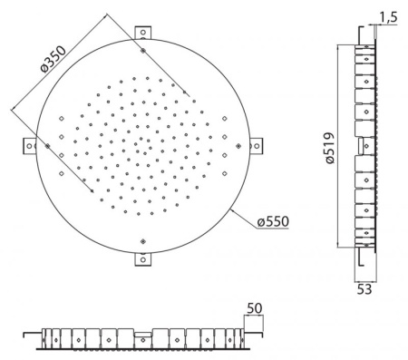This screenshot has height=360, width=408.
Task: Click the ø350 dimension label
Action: (53, 59)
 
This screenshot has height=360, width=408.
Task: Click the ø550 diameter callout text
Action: (273, 221)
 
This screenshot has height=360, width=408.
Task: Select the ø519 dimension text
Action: (330, 148)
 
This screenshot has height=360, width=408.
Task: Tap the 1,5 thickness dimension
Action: (388, 17)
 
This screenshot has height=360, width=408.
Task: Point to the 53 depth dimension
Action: (364, 289)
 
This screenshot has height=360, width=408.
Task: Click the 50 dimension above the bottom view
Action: (255, 308)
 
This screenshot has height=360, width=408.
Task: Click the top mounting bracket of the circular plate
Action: (143, 33)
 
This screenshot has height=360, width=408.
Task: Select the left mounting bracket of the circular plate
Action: (30, 146)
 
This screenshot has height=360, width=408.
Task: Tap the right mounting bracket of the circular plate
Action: (256, 146)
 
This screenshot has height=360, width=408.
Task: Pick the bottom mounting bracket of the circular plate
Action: (143, 259)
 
